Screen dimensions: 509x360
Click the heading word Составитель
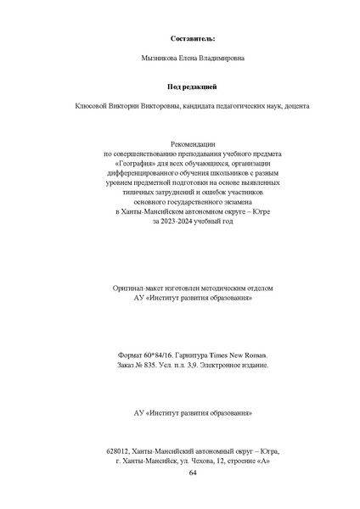click(x=193, y=38)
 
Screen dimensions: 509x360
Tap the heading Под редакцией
click(x=193, y=86)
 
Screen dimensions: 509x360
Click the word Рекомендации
click(x=193, y=145)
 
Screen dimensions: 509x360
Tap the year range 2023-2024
click(x=172, y=220)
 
